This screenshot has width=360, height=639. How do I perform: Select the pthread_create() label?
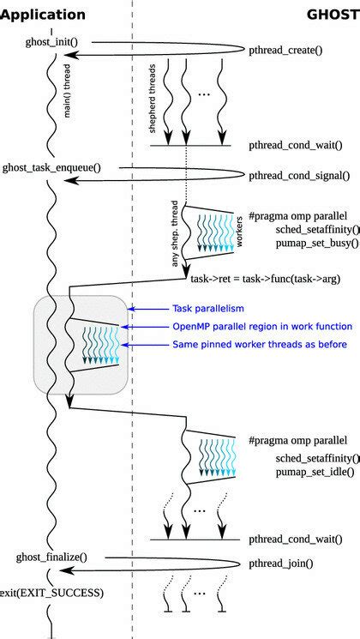(285, 51)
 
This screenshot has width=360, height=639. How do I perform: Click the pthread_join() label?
(280, 564)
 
